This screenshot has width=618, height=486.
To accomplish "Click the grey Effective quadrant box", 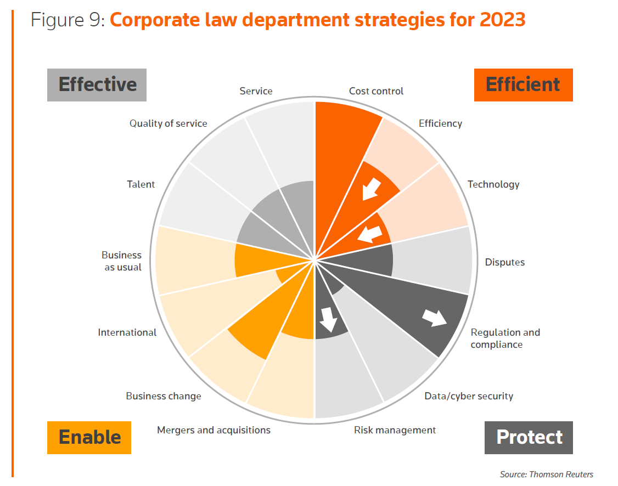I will click(97, 85).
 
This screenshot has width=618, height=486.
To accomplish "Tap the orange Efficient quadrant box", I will click(523, 85).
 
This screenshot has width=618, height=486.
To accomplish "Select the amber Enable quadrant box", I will click(89, 438).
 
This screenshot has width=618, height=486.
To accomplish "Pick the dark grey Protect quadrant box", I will click(529, 438).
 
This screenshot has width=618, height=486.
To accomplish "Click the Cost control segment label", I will click(376, 91).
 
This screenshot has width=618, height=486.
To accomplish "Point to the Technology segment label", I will click(493, 184).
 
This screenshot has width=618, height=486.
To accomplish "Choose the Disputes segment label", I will click(504, 262).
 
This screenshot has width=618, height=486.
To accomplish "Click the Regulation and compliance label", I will click(505, 338).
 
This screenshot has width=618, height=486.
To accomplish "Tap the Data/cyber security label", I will click(469, 396).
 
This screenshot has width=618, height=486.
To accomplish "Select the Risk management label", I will click(395, 430).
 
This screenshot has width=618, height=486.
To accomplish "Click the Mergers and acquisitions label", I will click(214, 430).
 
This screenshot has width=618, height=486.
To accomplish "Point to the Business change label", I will click(164, 396).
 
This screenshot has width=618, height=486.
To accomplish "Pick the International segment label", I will click(127, 332).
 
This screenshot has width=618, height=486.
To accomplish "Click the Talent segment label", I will click(141, 184).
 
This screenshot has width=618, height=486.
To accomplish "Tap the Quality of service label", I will click(168, 123).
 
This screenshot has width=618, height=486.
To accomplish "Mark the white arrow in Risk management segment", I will click(328, 319).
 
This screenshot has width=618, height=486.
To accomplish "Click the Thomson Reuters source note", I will click(546, 474).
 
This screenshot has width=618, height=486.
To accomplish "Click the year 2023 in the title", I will click(502, 20).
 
